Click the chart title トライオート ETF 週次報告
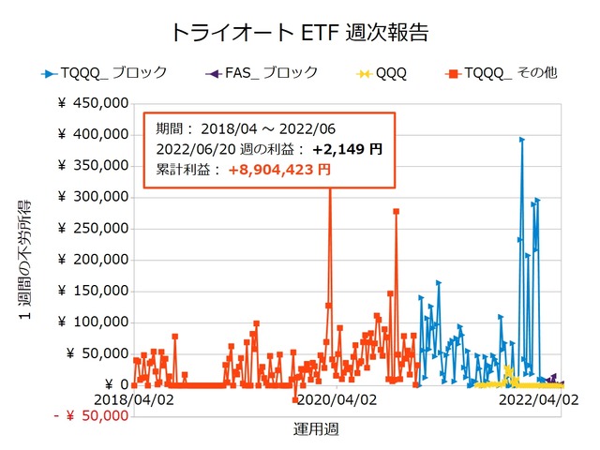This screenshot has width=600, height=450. [299, 32]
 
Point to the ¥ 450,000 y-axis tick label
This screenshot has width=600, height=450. [92, 103]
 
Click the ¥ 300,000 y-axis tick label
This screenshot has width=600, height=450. [92, 197]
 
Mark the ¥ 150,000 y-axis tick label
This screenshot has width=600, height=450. [92, 291]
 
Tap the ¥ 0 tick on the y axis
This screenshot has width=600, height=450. [117, 384]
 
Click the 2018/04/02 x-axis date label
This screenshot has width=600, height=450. [133, 400]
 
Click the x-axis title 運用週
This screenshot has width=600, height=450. [316, 429]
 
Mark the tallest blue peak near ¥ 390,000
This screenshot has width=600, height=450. [521, 140]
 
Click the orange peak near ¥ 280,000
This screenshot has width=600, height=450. [397, 212]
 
